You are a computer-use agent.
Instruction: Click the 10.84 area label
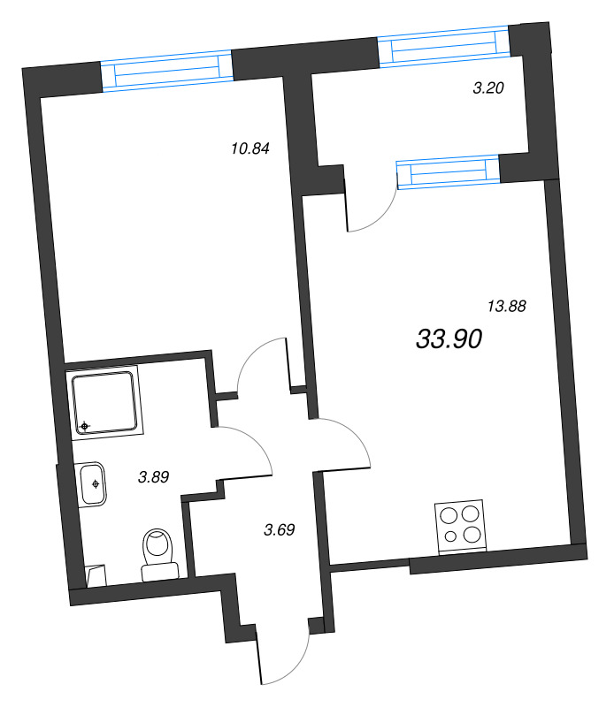tap(249, 148)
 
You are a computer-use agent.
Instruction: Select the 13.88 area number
tap(507, 307)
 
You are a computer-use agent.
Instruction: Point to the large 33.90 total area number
tap(448, 338)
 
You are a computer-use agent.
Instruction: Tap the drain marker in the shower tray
tap(85, 428)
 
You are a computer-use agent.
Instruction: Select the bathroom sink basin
tap(93, 484)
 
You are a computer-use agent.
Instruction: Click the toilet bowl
tap(159, 544)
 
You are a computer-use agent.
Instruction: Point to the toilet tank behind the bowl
tap(160, 571)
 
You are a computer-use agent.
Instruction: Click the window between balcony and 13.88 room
tap(448, 172)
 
